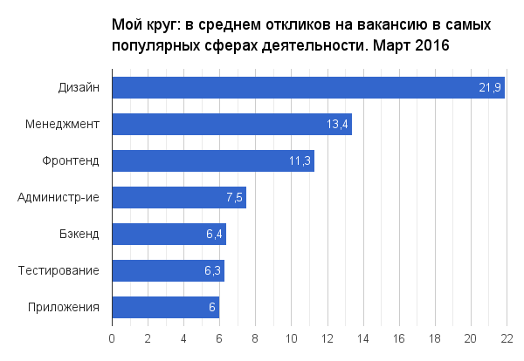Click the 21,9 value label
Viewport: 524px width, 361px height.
pyautogui.click(x=490, y=87)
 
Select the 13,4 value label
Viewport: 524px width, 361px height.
pyautogui.click(x=338, y=124)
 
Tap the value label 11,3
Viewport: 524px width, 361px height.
pyautogui.click(x=300, y=160)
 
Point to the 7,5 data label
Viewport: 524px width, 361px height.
pyautogui.click(x=234, y=197)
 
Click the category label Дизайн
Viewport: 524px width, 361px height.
pyautogui.click(x=79, y=87)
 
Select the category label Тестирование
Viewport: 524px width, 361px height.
pyautogui.click(x=59, y=270)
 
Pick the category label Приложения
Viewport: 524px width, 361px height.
pyautogui.click(x=63, y=307)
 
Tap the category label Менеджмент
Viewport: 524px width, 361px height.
pyautogui.click(x=63, y=124)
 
